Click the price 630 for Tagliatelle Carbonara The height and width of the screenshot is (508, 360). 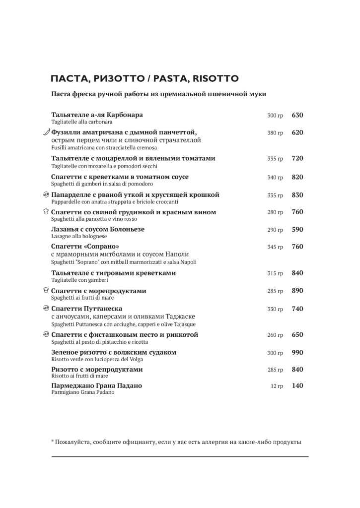click(x=297, y=115)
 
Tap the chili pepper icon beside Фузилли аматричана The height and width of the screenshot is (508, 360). click(x=46, y=132)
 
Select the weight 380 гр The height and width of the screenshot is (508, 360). click(x=275, y=133)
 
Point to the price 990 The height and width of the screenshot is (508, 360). click(x=297, y=352)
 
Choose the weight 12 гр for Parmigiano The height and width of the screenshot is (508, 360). click(x=277, y=386)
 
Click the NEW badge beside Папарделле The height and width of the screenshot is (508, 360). click(x=46, y=195)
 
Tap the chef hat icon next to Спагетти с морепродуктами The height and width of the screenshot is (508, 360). click(x=46, y=291)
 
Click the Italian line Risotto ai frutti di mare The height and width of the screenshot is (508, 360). click(x=79, y=376)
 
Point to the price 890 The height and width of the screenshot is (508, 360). click(x=297, y=291)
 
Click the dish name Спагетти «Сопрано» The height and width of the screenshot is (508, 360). click(x=86, y=247)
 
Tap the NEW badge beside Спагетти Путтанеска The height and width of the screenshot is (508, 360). click(x=46, y=309)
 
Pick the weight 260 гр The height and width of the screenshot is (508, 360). click(x=275, y=335)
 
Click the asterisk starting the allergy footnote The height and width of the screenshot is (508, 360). click(x=53, y=441)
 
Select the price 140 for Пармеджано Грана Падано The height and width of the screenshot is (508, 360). click(x=297, y=385)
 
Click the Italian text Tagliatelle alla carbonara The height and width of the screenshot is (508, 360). click(x=81, y=122)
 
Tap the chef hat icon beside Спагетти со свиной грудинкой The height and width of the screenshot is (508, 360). click(x=46, y=212)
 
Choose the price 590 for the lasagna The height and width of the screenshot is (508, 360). click(x=297, y=230)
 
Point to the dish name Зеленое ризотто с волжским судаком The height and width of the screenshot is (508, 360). click(x=114, y=352)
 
